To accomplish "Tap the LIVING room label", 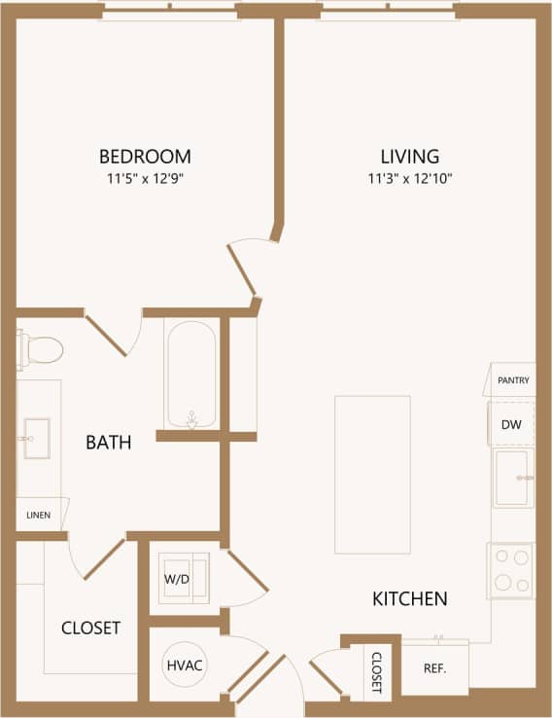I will coord(409,156).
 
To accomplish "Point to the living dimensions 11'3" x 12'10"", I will coord(410,178).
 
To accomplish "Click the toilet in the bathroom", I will coord(40,348).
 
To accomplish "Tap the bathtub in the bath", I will coord(191,375).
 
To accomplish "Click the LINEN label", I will coord(38,515).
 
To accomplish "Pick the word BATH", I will coord(109,443).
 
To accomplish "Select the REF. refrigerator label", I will coord(433,668).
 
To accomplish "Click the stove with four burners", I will coord(511,570).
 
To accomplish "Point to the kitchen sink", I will coord(511,478).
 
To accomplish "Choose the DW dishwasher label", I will coord(511,424).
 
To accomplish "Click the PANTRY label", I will coord(512,380).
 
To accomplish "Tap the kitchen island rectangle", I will coord(372,474).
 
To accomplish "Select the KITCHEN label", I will coord(410,599).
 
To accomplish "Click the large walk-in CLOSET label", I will coord(90,628).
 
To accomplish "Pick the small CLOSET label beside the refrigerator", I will coord(377,671).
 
